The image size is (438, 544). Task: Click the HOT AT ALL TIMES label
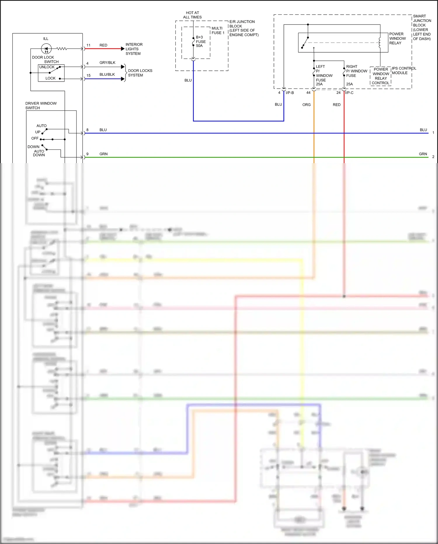[x=192, y=15]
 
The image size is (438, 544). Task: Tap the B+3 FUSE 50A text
[x=201, y=42]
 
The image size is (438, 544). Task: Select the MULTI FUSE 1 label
[x=218, y=30]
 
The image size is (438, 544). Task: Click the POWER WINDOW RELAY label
[x=397, y=38]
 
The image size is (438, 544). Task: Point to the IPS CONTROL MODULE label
[x=404, y=70]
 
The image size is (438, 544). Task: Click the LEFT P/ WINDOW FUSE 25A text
[x=324, y=75]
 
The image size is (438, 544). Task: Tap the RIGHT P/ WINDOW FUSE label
[x=356, y=71]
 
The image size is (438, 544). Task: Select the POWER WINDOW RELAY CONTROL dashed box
[x=380, y=76]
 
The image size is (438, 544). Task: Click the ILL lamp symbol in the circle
[x=46, y=49]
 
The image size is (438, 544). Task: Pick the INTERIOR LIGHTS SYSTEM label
[x=134, y=49]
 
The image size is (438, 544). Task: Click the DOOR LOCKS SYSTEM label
[x=140, y=73]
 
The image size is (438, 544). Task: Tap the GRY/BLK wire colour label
[x=107, y=63]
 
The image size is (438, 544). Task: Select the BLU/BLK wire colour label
[x=107, y=75]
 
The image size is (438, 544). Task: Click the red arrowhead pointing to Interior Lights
[x=123, y=49]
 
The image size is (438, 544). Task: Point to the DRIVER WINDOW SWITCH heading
[x=41, y=106]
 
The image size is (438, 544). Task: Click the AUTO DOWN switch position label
[x=39, y=153]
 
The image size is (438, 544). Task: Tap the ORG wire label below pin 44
[x=306, y=105]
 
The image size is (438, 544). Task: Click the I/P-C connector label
[x=349, y=93]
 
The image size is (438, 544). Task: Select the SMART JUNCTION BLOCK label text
[x=422, y=27]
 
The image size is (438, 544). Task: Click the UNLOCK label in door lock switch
[x=47, y=67]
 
